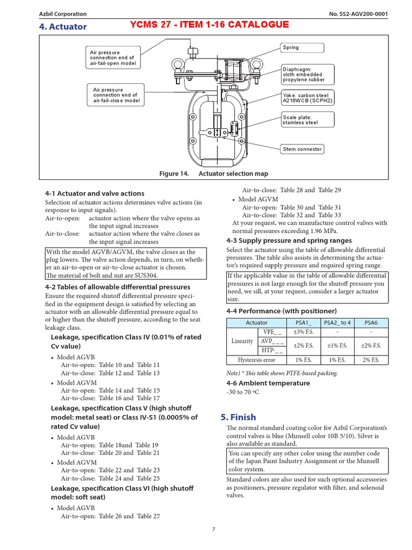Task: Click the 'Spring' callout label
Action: pyautogui.click(x=302, y=48)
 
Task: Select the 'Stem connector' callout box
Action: pyautogui.click(x=303, y=149)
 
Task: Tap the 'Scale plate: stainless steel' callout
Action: pyautogui.click(x=303, y=120)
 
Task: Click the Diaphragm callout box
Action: pyautogui.click(x=306, y=74)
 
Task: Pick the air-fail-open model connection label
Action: pyautogui.click(x=113, y=58)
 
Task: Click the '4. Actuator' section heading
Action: pyautogui.click(x=63, y=27)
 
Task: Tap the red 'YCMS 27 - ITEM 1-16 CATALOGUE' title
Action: pyautogui.click(x=210, y=24)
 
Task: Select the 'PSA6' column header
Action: pyautogui.click(x=371, y=323)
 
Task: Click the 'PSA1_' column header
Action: pyautogui.click(x=303, y=323)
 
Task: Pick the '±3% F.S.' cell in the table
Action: pyautogui.click(x=303, y=331)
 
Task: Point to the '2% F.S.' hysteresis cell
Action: pyautogui.click(x=371, y=360)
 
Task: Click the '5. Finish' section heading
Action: pyautogui.click(x=239, y=417)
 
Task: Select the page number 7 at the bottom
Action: pyautogui.click(x=213, y=529)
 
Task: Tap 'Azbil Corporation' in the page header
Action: pyautogui.click(x=63, y=14)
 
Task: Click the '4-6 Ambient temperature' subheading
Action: pyautogui.click(x=268, y=383)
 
